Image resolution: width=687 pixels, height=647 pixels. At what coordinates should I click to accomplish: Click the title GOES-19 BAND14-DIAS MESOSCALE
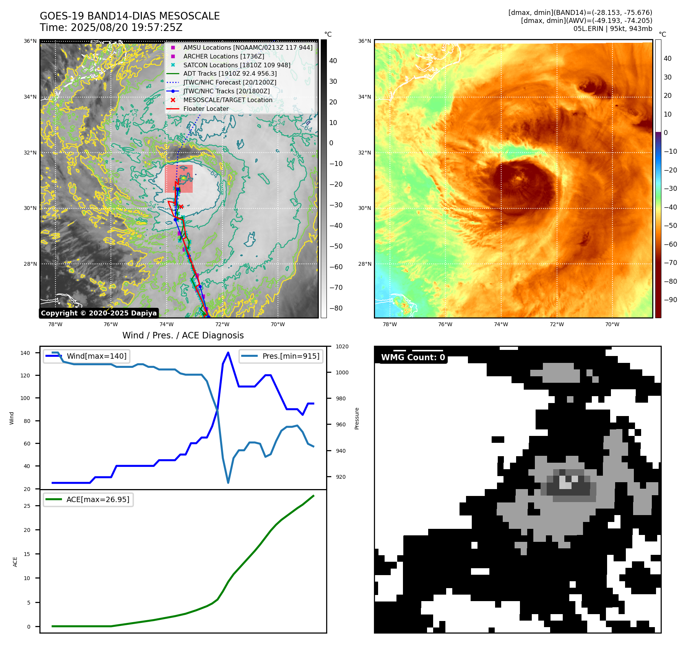pos(130,16)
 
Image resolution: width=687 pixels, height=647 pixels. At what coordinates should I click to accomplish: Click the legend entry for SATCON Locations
pos(237,65)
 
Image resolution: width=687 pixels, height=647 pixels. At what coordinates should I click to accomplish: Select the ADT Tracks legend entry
pos(230,74)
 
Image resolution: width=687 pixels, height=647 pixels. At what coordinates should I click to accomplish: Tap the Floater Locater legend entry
pos(206,109)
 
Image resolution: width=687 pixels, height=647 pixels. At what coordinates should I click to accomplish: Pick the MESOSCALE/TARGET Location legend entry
pos(228,100)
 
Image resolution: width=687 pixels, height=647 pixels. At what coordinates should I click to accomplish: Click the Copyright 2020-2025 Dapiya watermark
pos(99,313)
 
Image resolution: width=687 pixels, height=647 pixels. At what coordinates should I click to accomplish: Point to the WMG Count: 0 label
pos(413,358)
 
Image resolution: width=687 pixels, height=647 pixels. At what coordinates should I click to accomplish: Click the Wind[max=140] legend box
pos(86,356)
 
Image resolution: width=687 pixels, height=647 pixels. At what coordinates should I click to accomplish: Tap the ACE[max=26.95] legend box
pos(88,500)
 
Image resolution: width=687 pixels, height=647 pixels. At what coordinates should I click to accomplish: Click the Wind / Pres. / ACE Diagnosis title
pos(183,335)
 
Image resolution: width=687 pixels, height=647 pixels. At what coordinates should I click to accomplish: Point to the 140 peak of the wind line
pos(228,353)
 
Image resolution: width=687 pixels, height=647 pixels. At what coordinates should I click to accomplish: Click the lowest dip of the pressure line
pos(228,483)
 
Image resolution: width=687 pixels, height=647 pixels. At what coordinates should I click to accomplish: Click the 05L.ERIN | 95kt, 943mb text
pos(612,29)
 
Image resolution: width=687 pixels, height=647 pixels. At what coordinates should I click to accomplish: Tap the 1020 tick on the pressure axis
pos(342,347)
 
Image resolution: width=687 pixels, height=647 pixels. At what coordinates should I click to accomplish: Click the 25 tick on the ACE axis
pos(27,506)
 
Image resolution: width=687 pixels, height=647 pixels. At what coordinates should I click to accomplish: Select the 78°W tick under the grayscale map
pos(55,325)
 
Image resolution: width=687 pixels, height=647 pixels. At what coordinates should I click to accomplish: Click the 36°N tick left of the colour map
pos(364,41)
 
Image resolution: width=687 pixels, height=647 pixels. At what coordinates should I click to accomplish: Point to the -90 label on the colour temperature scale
pos(671,300)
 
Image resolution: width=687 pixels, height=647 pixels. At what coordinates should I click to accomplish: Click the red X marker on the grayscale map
pos(181,207)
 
